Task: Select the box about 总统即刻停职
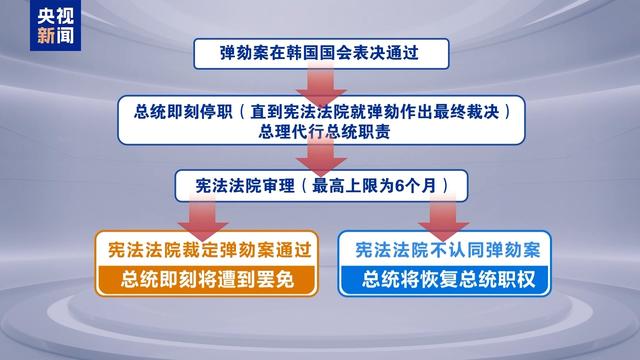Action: pyautogui.click(x=320, y=118)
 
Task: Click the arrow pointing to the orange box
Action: pyautogui.click(x=206, y=214)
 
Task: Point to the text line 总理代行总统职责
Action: pyautogui.click(x=320, y=129)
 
